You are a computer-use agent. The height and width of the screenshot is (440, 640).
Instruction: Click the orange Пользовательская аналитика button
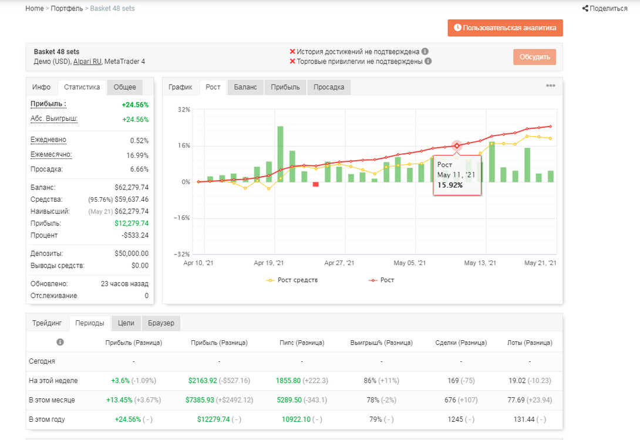coord(505,28)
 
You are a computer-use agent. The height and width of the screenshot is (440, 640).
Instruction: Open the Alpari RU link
coord(87,62)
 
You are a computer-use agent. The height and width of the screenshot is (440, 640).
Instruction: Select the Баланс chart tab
coord(245,87)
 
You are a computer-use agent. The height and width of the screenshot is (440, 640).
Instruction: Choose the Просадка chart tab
coord(329,87)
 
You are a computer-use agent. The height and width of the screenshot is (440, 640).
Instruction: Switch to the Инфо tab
coord(41,87)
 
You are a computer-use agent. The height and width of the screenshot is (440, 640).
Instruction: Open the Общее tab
coord(124,87)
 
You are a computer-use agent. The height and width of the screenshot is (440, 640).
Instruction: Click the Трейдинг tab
coord(47,323)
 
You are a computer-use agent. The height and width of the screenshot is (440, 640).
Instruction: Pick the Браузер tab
coord(161,323)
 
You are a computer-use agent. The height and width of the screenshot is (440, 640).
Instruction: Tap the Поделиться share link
coord(605,8)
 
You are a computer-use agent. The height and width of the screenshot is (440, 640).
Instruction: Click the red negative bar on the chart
coord(315,184)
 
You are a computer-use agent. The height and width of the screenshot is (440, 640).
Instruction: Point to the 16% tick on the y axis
coord(184,145)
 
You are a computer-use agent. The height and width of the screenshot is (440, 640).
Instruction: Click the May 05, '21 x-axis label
coord(409,263)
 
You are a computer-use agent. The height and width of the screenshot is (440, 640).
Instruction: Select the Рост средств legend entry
coord(292,280)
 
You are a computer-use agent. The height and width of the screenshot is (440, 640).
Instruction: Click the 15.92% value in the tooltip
coord(450,185)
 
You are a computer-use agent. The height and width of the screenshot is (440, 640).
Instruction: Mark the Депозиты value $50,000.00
coord(132,253)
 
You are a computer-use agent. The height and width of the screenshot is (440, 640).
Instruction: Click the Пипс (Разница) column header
coord(302,343)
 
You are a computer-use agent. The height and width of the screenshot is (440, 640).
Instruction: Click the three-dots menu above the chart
coord(551,86)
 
